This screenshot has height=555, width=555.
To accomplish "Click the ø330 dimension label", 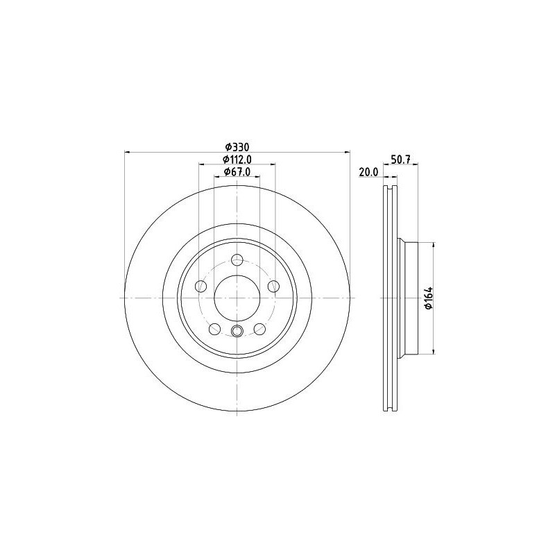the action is [237, 146].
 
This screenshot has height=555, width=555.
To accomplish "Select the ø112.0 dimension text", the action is [237, 160].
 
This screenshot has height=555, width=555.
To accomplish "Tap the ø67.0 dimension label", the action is [237, 171].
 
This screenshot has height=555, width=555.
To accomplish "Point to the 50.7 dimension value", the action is [400, 160].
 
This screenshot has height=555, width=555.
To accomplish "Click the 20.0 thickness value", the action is [368, 172].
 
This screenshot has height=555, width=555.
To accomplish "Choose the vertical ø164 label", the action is [429, 298].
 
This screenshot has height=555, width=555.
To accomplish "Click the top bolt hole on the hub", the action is [237, 259].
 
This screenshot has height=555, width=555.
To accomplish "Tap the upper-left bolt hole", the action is [201, 286].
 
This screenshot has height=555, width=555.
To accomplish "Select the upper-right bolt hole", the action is [273, 286].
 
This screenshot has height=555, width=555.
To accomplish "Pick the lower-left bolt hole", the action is [215, 329].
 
